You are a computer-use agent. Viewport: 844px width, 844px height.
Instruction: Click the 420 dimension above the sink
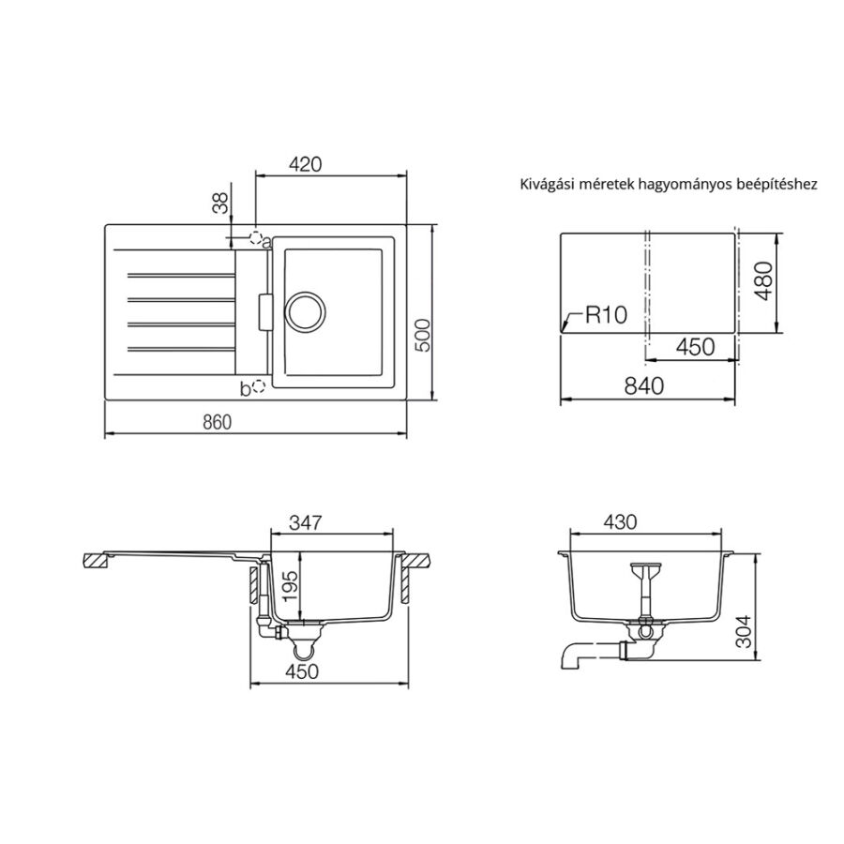point(305,163)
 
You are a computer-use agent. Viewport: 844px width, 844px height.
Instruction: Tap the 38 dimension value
point(220,203)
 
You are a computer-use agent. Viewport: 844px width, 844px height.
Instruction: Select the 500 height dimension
point(424,336)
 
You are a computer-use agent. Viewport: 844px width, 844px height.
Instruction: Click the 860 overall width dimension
point(217,422)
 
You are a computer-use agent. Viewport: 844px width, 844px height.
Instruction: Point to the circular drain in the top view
point(305,311)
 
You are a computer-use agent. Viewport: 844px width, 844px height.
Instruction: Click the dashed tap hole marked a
point(256,237)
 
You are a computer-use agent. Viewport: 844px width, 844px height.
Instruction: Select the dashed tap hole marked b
point(259,386)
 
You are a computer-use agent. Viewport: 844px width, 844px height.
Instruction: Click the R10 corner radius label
point(606,314)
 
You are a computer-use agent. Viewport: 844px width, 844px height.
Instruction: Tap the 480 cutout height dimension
point(763,281)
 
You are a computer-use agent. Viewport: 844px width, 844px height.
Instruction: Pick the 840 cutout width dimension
point(643,385)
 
